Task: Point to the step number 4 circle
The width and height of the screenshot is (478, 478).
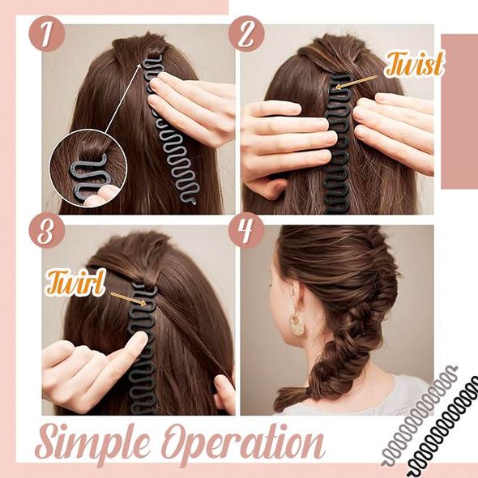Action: (x=247, y=232)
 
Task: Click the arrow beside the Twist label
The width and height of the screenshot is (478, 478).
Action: (x=356, y=79)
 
